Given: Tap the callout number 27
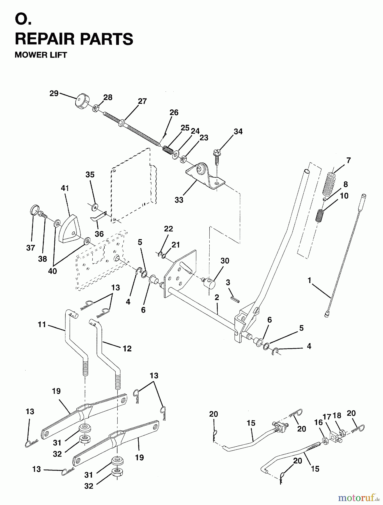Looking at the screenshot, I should pos(142,101).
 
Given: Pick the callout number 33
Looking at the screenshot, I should pos(179,200).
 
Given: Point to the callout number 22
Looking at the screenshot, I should pos(168,229).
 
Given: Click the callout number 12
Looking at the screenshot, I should pos(127,348).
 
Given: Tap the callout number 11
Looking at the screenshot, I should pos(42,325).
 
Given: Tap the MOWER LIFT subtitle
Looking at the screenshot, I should pos(41,55).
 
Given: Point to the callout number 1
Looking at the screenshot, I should pos(309,280).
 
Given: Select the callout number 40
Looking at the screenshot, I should pos(52,271).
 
